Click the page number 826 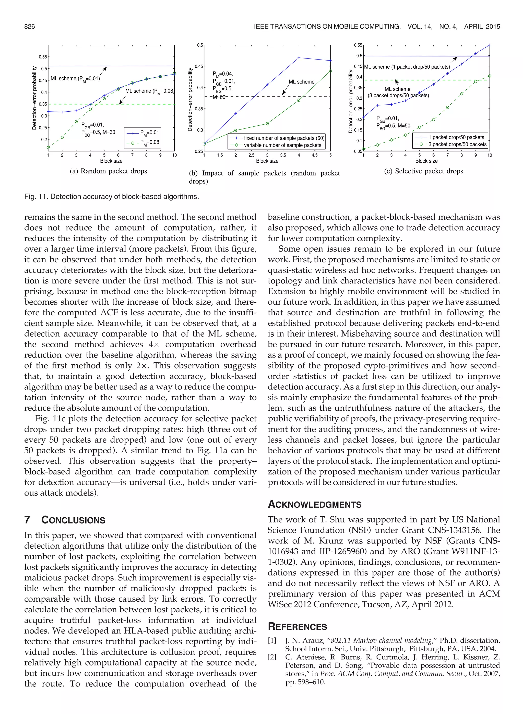(29, 27)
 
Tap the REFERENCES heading (297, 627)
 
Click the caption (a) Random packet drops (109, 171)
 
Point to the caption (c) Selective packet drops (423, 171)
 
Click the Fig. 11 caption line (111, 197)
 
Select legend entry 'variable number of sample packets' (282, 145)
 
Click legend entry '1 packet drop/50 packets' (456, 137)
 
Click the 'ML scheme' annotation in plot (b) (301, 82)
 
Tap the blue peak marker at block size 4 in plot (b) (299, 58)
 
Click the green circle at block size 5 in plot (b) (330, 71)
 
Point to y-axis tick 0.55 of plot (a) (43, 57)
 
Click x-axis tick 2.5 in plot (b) (251, 156)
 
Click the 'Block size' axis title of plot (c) (426, 161)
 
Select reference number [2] (272, 657)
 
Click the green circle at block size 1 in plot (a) (48, 148)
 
